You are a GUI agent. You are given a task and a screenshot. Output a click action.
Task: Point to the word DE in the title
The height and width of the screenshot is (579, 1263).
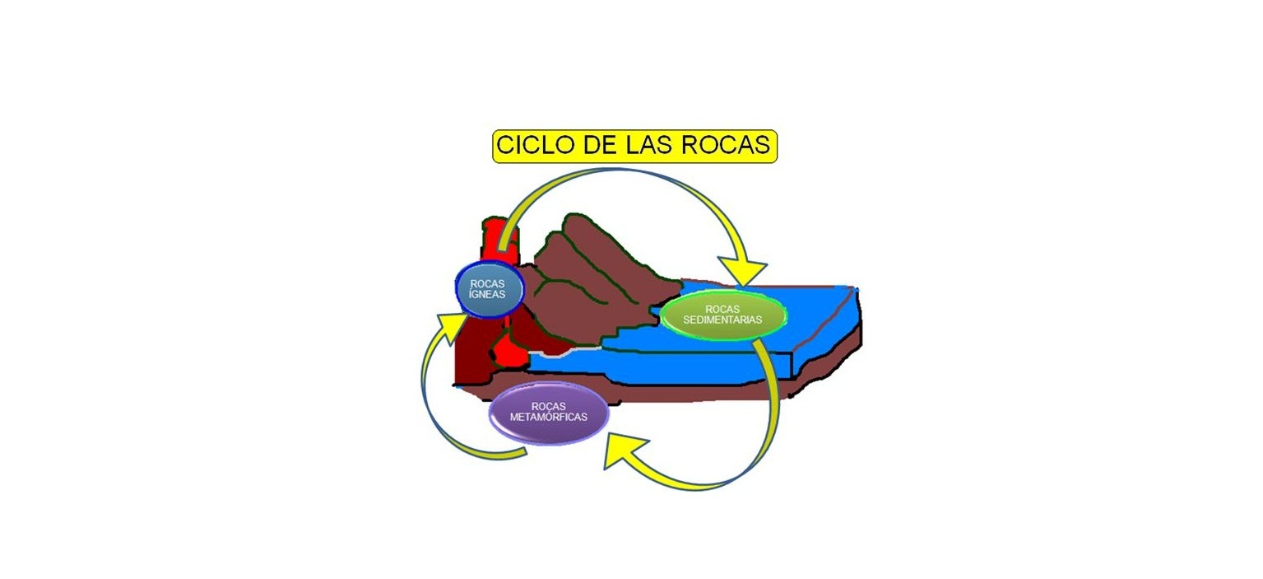(601, 146)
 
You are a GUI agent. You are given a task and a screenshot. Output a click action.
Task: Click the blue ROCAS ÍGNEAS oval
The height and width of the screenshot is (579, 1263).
(490, 289)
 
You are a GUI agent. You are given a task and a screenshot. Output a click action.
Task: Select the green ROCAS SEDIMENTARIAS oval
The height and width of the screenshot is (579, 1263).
(722, 315)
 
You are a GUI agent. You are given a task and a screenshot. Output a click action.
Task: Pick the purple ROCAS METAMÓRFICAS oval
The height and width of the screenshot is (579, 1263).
(548, 412)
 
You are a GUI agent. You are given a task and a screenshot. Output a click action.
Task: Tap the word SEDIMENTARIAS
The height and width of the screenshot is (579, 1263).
(722, 320)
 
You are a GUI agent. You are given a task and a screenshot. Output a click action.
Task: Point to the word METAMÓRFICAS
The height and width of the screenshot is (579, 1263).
(549, 417)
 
